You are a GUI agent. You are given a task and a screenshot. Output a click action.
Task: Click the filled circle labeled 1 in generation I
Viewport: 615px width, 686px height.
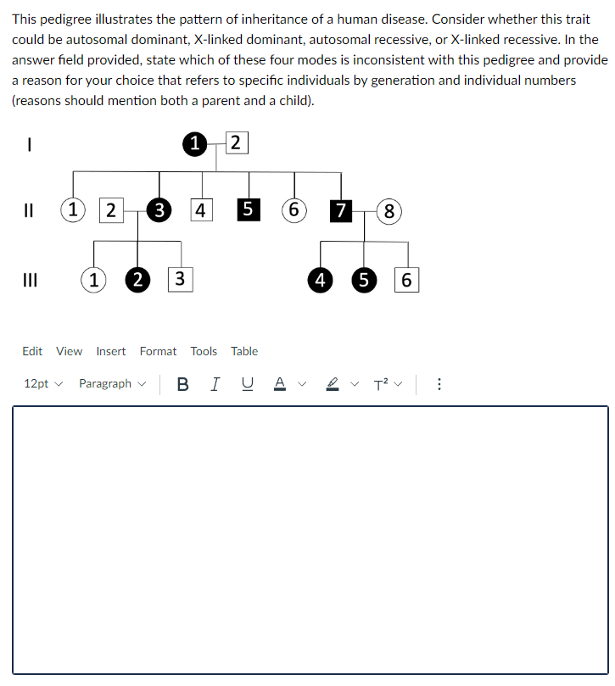(x=195, y=142)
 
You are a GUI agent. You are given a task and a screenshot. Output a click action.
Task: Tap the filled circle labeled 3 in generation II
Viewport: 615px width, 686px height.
(x=158, y=210)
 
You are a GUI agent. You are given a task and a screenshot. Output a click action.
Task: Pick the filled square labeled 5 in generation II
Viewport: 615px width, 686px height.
(x=248, y=210)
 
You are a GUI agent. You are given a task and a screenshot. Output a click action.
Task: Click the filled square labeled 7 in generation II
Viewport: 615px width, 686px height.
(x=340, y=210)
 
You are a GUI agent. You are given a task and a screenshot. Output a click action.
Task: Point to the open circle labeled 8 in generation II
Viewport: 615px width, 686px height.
(x=388, y=210)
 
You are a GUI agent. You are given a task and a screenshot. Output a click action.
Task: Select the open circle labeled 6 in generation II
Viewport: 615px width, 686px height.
(x=294, y=210)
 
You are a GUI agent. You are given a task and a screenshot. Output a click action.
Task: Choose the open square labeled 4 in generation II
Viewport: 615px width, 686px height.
(x=201, y=210)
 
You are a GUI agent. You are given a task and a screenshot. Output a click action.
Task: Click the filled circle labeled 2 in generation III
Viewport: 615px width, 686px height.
(x=137, y=279)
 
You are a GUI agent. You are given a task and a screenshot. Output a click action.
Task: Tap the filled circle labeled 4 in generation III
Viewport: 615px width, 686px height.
(x=320, y=279)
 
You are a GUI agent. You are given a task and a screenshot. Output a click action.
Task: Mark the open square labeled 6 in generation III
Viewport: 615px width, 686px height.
(x=406, y=279)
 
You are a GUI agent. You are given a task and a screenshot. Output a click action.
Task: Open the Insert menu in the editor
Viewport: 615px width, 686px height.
(x=111, y=351)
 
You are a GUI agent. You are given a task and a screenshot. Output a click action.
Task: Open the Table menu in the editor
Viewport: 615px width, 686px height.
(x=244, y=351)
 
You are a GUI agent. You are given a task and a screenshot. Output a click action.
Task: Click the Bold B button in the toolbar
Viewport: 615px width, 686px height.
(x=183, y=384)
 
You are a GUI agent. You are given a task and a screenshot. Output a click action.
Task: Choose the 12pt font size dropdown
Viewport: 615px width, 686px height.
(x=43, y=384)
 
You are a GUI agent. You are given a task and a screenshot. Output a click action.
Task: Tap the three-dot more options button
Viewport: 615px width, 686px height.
(x=439, y=384)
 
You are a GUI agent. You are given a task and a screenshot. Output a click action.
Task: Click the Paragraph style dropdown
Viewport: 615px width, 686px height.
(x=111, y=384)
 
